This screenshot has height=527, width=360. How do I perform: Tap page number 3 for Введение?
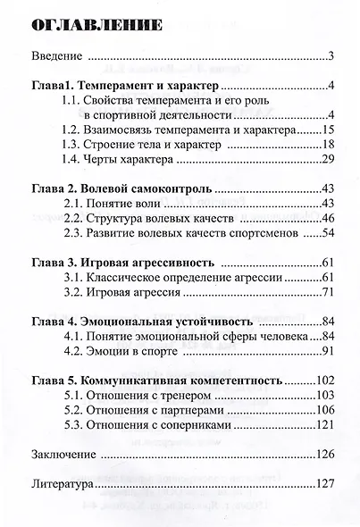tap(331, 58)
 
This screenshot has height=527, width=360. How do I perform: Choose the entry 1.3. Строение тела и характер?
tap(147, 144)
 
